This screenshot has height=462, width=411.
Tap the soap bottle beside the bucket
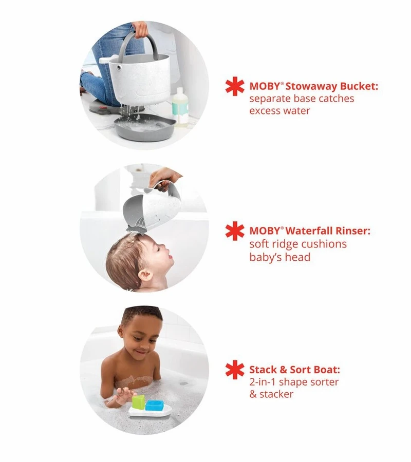tap(180, 107)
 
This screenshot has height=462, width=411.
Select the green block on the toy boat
tap(138, 402)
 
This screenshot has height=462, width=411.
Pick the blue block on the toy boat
tap(155, 405)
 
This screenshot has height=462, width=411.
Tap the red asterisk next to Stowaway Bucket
tap(235, 86)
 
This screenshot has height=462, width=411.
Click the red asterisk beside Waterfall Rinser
tap(235, 231)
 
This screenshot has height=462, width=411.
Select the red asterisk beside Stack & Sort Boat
tap(235, 370)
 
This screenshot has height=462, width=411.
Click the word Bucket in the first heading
tap(359, 86)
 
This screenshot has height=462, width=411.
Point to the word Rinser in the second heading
tap(352, 230)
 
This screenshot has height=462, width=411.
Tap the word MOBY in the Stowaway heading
tap(265, 86)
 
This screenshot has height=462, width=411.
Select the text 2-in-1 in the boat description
tap(263, 382)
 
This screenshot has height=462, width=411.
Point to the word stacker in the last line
tap(276, 394)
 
